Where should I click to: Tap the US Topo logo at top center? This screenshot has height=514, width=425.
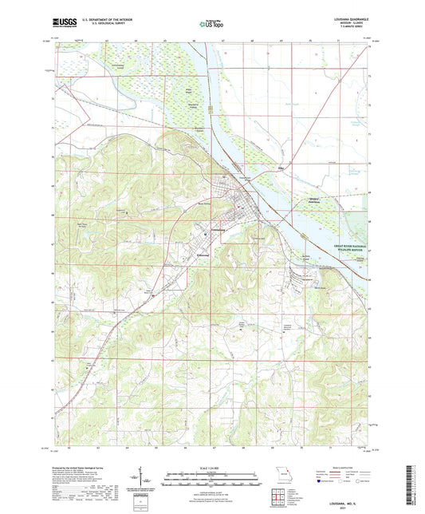pyautogui.click(x=209, y=26)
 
